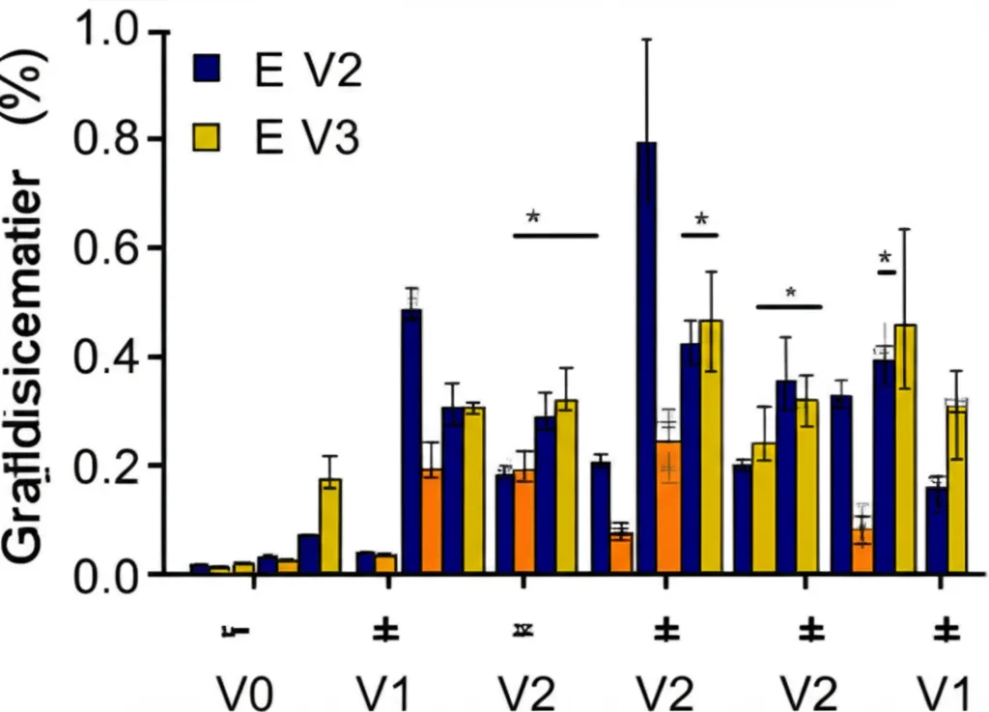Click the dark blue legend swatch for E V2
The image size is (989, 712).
[x=208, y=71]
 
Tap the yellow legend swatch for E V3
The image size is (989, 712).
[x=208, y=138]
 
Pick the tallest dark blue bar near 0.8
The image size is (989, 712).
[x=646, y=358]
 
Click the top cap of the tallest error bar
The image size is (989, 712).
[x=646, y=39]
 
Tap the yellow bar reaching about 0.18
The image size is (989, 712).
[x=330, y=527]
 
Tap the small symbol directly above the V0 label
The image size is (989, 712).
[x=236, y=631]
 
